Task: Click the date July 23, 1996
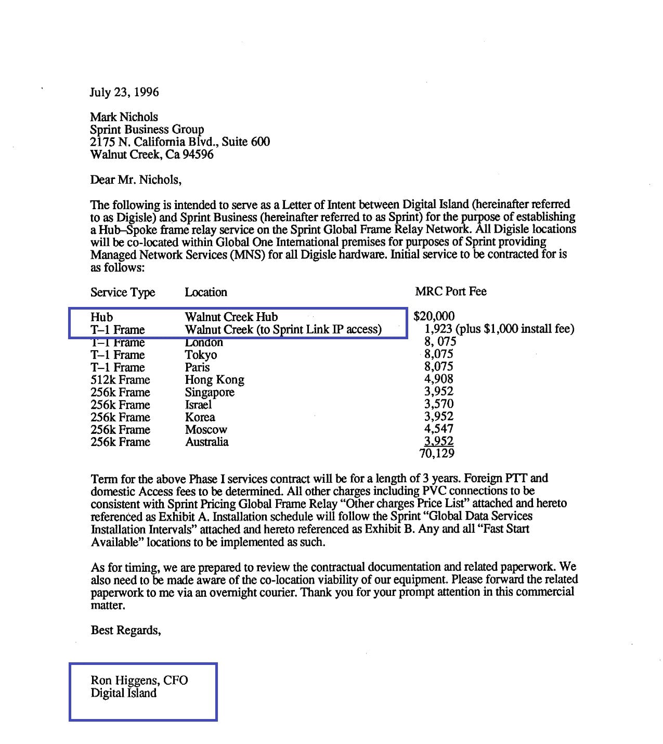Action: tap(124, 93)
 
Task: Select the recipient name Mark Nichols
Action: tap(124, 117)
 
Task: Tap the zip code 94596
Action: tap(198, 155)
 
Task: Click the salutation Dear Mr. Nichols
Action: tap(136, 180)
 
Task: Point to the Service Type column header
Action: tap(123, 292)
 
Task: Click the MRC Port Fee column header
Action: tap(451, 291)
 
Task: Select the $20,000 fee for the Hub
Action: tap(434, 316)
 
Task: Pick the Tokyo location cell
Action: tap(201, 355)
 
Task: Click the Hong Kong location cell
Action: tap(214, 380)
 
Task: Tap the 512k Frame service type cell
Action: tap(120, 380)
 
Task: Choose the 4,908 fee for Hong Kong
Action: tap(438, 379)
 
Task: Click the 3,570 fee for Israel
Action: tap(438, 404)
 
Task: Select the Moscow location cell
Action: tap(206, 430)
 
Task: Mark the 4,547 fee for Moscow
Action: tap(438, 429)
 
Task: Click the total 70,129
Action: tap(437, 454)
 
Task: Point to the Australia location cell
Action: tap(207, 442)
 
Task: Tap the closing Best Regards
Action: tap(126, 631)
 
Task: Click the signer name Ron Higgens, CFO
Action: tap(139, 681)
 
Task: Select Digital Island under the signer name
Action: tap(123, 693)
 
